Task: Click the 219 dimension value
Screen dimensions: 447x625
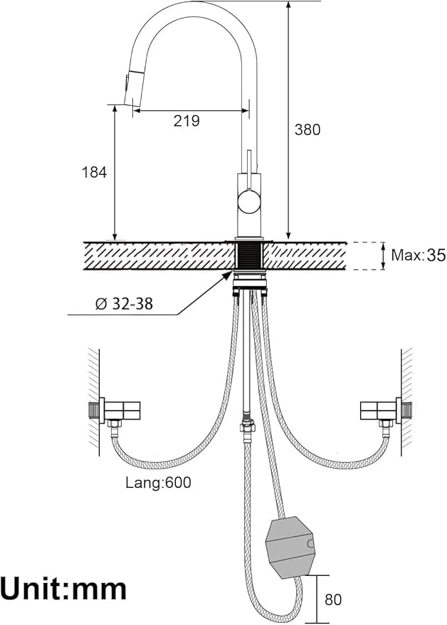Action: pyautogui.click(x=186, y=121)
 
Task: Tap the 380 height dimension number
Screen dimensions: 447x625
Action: pyautogui.click(x=307, y=129)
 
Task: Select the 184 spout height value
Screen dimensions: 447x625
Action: pyautogui.click(x=95, y=173)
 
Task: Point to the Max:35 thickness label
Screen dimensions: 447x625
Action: pyautogui.click(x=418, y=255)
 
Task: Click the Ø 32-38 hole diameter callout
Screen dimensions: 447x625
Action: pyautogui.click(x=124, y=304)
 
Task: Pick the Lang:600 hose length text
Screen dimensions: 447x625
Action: pyautogui.click(x=159, y=483)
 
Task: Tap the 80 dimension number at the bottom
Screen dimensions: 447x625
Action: pyautogui.click(x=333, y=599)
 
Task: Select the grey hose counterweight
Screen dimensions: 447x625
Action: pyautogui.click(x=290, y=547)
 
